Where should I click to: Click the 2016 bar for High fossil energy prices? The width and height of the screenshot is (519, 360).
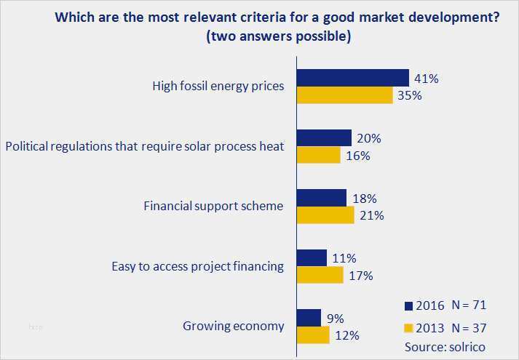click(354, 78)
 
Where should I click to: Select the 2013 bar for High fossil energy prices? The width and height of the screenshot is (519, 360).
click(346, 95)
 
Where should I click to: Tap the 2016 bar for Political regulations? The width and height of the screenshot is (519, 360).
click(325, 138)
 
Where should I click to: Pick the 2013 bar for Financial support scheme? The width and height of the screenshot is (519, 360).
click(327, 215)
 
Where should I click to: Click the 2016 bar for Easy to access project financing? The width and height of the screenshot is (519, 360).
click(313, 257)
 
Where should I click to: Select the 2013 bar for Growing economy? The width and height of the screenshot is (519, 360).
click(314, 335)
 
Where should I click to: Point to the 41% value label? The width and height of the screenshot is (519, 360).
click(427, 78)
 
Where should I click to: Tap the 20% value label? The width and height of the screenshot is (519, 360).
click(369, 138)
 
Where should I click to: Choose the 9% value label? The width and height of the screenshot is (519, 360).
click(335, 318)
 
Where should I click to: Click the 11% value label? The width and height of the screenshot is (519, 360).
click(344, 257)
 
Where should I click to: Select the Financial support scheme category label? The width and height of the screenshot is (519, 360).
click(213, 206)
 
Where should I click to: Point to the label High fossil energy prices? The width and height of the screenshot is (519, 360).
click(218, 87)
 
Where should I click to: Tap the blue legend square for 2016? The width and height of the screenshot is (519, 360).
click(408, 305)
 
